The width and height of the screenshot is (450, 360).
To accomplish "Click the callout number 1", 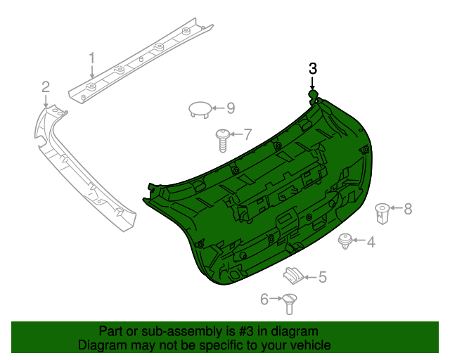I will pyautogui.click(x=91, y=57).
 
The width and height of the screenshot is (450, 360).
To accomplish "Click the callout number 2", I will pyautogui.click(x=46, y=87).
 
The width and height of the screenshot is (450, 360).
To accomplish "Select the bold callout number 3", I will pyautogui.click(x=313, y=68).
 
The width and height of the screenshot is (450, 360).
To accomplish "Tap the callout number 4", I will pyautogui.click(x=370, y=242).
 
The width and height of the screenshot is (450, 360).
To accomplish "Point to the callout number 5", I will pyautogui.click(x=323, y=277).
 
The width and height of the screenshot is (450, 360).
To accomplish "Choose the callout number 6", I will pyautogui.click(x=264, y=300).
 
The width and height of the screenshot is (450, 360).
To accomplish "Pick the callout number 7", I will pyautogui.click(x=247, y=134).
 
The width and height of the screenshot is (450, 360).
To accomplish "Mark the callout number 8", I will pyautogui.click(x=407, y=208).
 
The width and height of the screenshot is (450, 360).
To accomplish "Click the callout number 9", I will pyautogui.click(x=230, y=108).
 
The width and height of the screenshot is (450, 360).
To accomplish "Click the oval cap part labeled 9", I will pyautogui.click(x=200, y=108).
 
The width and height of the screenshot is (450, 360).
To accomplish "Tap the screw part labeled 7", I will pyautogui.click(x=222, y=139).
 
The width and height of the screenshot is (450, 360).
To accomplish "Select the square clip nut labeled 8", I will pyautogui.click(x=382, y=211).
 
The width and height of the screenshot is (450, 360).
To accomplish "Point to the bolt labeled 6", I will pyautogui.click(x=289, y=303).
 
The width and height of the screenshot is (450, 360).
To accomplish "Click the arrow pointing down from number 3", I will pyautogui.click(x=313, y=83).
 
